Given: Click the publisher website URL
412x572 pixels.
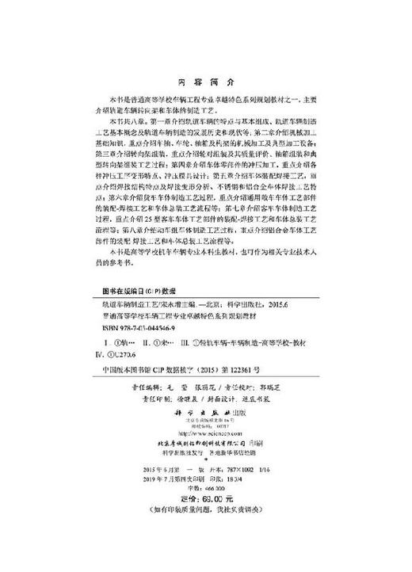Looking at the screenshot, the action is click(204, 435).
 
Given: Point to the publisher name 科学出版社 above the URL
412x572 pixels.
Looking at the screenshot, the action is click(204, 414).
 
